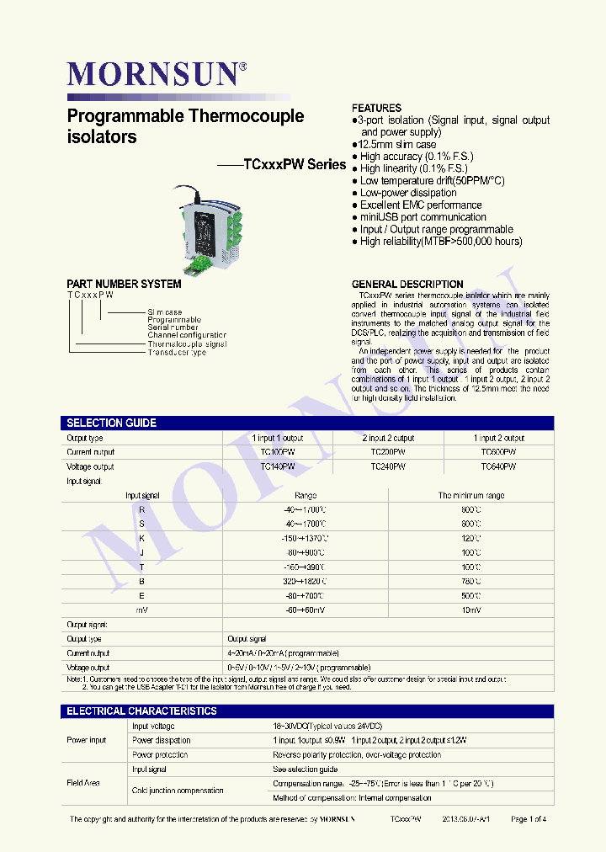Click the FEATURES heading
[376, 109]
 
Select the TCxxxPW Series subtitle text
[295, 165]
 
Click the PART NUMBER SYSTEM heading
[124, 284]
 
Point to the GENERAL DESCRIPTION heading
[407, 284]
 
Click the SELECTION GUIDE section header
[112, 423]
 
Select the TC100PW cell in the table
[278, 452]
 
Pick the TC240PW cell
[388, 466]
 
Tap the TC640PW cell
[498, 466]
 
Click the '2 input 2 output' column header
[388, 438]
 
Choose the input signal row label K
[142, 538]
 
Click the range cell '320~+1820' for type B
[306, 581]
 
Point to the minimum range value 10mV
[471, 609]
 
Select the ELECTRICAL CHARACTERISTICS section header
[141, 711]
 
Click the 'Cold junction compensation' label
[178, 791]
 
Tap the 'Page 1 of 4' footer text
[529, 818]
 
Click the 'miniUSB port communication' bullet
[423, 217]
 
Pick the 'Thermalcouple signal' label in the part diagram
[187, 344]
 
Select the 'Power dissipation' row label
[162, 740]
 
